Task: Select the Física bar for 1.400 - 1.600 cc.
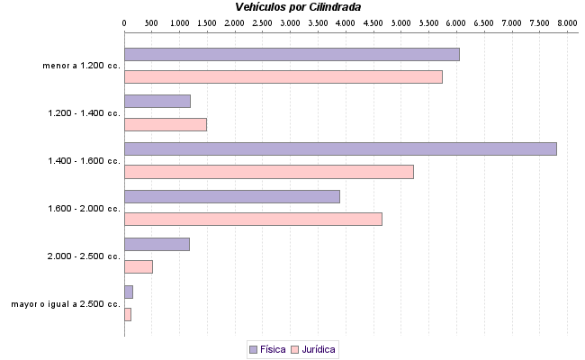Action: click(340, 148)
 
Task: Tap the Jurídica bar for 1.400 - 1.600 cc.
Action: click(268, 172)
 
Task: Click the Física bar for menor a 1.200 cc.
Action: click(292, 54)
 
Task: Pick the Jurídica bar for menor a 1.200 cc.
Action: click(283, 77)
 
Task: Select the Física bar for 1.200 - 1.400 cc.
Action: click(157, 101)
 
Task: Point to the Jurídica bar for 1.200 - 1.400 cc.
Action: click(165, 124)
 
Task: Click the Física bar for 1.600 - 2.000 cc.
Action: click(231, 196)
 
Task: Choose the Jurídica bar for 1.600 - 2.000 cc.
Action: click(253, 219)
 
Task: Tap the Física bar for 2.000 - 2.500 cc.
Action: click(157, 243)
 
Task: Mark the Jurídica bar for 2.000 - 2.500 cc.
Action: click(138, 266)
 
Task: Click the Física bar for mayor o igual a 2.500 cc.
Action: click(128, 291)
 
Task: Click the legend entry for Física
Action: click(267, 349)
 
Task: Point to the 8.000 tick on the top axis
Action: click(567, 22)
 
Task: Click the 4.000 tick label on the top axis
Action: click(346, 22)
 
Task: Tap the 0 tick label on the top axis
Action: click(123, 22)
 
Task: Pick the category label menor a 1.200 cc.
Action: click(81, 66)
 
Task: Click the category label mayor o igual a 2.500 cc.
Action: click(66, 304)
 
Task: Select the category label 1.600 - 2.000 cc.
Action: click(85, 209)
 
